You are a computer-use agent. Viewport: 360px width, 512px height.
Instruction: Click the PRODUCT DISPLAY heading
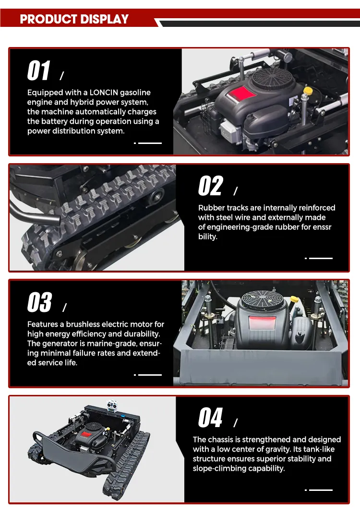tap(74, 19)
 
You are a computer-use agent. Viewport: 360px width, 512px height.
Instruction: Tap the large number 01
tap(39, 70)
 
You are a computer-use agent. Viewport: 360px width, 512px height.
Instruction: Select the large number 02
tap(211, 186)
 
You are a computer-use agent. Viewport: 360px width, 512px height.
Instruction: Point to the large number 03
tap(39, 302)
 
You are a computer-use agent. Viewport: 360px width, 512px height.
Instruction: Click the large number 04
tap(210, 417)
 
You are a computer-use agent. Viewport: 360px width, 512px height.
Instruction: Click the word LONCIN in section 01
tap(104, 93)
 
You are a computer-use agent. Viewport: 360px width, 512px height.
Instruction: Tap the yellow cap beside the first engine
tap(308, 90)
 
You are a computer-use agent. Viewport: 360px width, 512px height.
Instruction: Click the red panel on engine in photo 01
tap(241, 94)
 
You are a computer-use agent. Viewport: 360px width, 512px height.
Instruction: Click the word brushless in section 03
tap(83, 324)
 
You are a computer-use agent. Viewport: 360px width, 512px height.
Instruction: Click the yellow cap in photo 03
tap(295, 299)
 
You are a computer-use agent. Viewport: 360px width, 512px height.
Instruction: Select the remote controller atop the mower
tap(112, 406)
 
